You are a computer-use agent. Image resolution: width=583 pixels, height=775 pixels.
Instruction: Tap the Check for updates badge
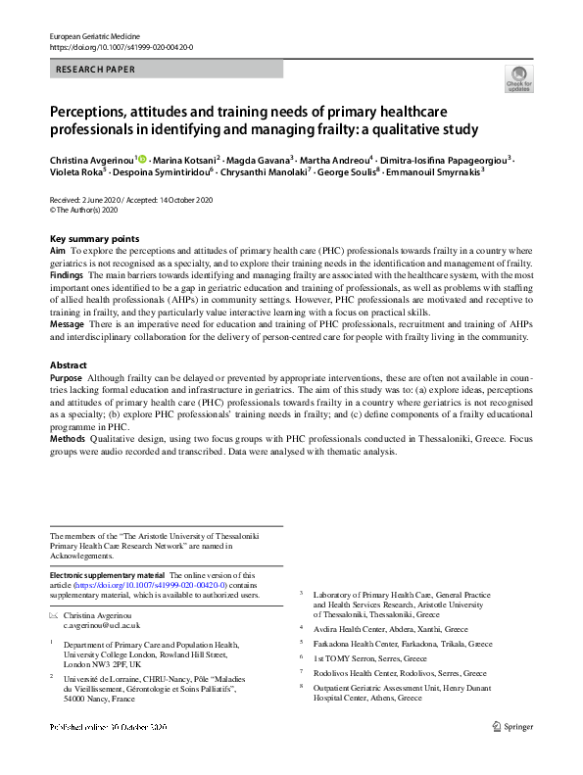pyautogui.click(x=518, y=79)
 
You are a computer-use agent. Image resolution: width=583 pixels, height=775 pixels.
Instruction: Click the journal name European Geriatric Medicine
pyautogui.click(x=102, y=35)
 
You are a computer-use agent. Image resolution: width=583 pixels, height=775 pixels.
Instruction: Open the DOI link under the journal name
pyautogui.click(x=121, y=46)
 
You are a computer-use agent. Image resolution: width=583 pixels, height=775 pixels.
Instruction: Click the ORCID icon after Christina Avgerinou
pyautogui.click(x=141, y=159)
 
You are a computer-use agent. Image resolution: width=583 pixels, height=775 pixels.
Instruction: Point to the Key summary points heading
pyautogui.click(x=94, y=239)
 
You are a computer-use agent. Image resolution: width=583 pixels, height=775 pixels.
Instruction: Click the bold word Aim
pyautogui.click(x=58, y=252)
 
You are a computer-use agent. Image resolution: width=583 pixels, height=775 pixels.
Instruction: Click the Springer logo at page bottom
pyautogui.click(x=511, y=726)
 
